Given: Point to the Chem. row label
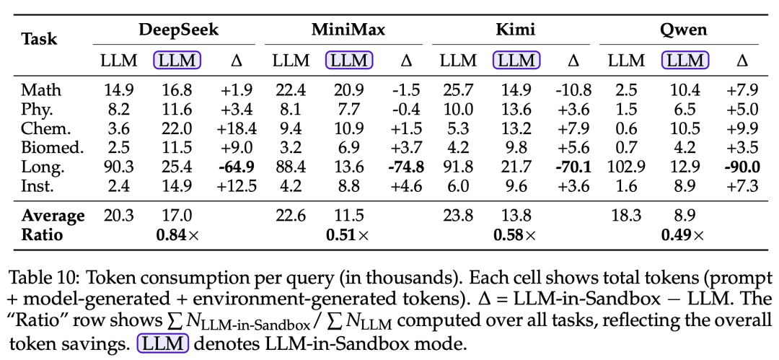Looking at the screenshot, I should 45,129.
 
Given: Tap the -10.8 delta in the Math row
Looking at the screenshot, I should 573,90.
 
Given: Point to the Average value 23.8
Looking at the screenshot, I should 458,216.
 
